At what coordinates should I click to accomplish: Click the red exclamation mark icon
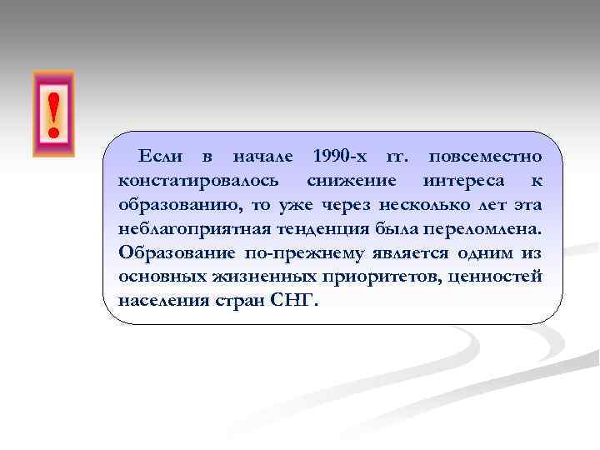(53, 114)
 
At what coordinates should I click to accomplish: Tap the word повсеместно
(485, 156)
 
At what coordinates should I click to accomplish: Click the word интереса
(463, 180)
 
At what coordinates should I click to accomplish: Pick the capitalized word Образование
(172, 252)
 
